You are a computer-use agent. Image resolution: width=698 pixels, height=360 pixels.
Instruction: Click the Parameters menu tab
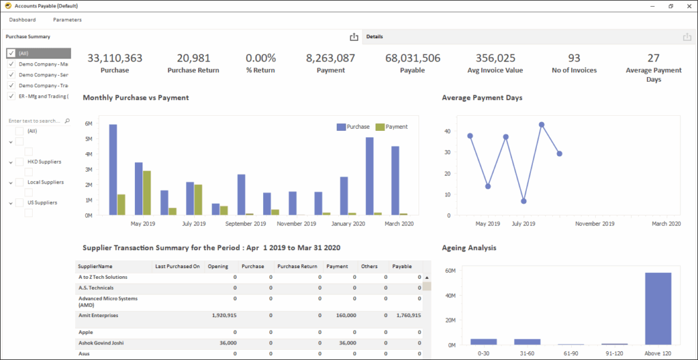[x=67, y=20]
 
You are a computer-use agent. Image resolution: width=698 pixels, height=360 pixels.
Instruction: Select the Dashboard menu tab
[x=22, y=20]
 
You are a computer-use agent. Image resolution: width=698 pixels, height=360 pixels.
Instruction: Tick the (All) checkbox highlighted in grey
[x=11, y=53]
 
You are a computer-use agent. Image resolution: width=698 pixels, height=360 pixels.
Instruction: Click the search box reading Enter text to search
[x=35, y=121]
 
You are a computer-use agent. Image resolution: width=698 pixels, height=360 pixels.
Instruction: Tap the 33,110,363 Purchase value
[x=115, y=59]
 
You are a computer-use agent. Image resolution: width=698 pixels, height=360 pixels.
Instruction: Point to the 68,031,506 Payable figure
[x=412, y=59]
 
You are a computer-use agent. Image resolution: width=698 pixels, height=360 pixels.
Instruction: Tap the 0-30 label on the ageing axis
[x=483, y=353]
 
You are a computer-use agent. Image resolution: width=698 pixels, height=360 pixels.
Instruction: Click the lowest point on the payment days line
[x=523, y=201]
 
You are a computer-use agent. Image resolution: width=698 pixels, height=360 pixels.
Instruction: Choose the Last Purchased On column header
[x=177, y=266]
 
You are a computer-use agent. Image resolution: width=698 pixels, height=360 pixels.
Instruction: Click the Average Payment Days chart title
[x=482, y=97]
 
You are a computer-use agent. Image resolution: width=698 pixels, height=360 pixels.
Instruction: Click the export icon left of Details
[x=354, y=37]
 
